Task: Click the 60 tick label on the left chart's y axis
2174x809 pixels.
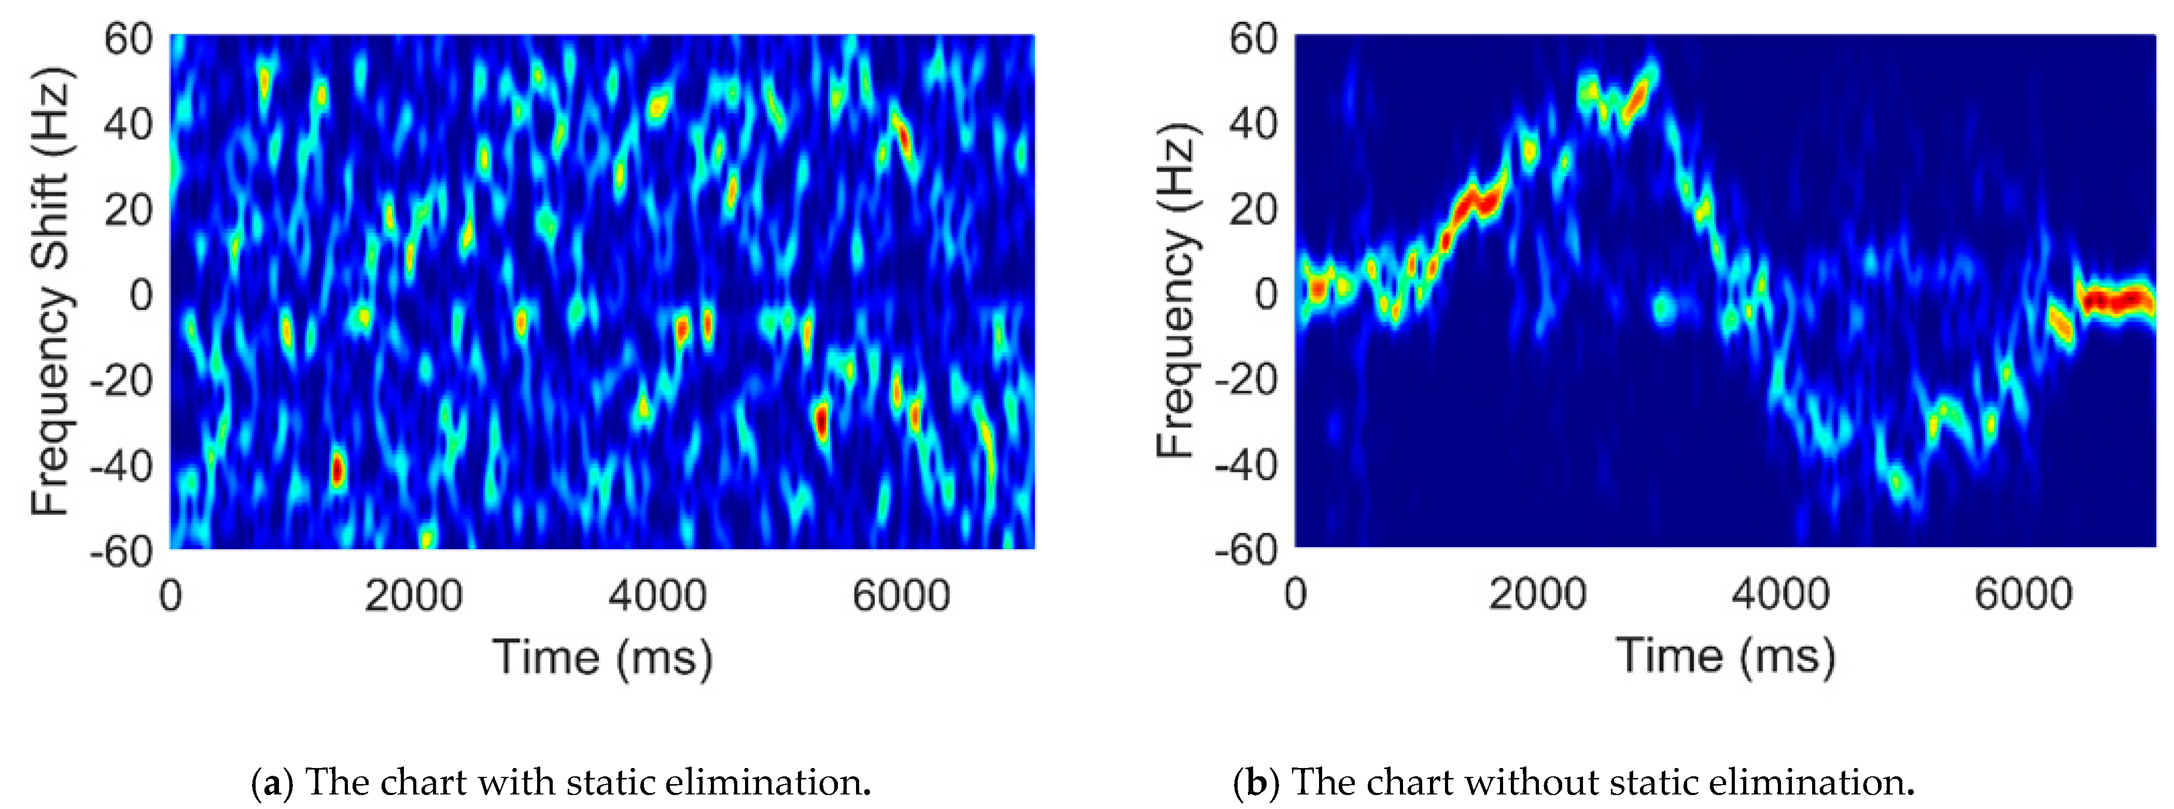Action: tap(128, 40)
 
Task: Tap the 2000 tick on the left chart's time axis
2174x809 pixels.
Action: tap(414, 596)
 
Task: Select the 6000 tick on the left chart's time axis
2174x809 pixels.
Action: tap(901, 596)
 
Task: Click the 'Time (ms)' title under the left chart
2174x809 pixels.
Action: tap(602, 657)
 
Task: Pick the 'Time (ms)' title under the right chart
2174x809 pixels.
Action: tap(1726, 656)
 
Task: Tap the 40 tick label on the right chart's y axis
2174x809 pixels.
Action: tap(1253, 124)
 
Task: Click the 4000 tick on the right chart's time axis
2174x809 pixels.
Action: tap(1780, 594)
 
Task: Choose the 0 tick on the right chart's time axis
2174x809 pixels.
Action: tap(1296, 594)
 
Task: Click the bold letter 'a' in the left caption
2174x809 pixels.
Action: tap(272, 783)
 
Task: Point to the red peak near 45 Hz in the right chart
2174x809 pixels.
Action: tap(1637, 101)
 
